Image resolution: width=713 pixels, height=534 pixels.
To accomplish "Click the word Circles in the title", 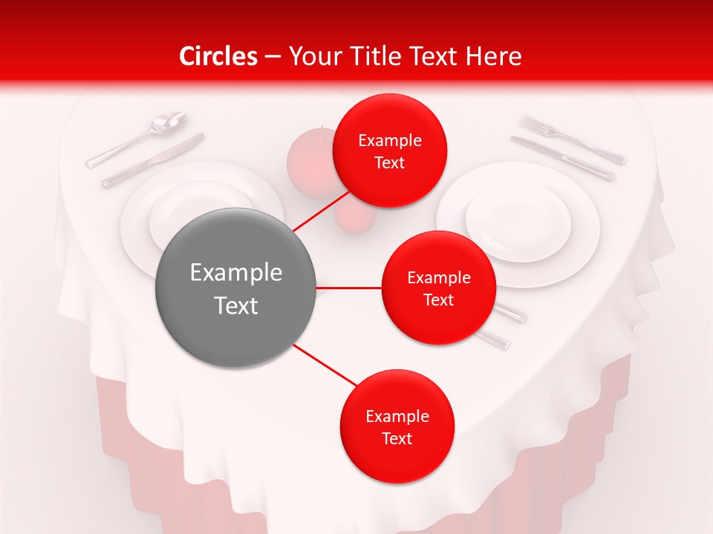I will click(x=218, y=56).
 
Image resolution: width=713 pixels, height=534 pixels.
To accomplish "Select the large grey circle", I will click(x=235, y=288).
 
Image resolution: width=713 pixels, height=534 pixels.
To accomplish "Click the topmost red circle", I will click(x=389, y=151).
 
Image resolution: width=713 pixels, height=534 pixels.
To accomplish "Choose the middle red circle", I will click(x=438, y=288).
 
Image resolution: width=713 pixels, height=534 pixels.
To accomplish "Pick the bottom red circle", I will click(x=397, y=426).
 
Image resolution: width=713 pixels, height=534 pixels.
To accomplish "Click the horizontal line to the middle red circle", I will click(x=349, y=287).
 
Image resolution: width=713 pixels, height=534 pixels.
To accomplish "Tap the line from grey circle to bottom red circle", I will click(x=325, y=364).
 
